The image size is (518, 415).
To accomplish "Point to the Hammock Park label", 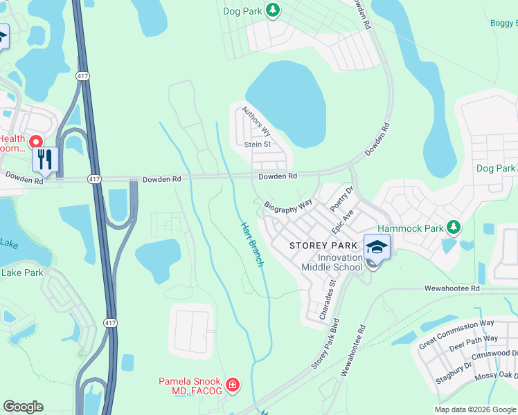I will click(409, 228).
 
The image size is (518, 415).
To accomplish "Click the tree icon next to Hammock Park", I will click(454, 227).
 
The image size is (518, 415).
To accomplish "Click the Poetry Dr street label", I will click(342, 199).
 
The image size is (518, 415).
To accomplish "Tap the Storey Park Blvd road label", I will click(325, 343).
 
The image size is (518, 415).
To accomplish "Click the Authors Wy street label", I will click(257, 122).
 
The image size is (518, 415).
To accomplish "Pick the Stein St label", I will click(257, 145).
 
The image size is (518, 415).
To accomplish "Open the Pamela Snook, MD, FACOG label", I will click(190, 387).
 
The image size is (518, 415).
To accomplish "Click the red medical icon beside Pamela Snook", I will click(233, 385).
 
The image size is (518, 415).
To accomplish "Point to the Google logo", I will click(23, 407).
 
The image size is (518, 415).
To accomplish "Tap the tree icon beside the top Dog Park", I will click(274, 10).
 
